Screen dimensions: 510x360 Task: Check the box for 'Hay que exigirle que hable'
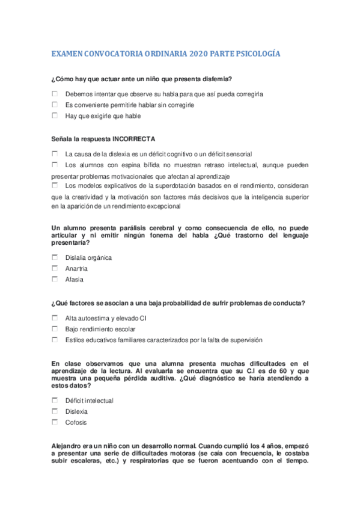(x=55, y=115)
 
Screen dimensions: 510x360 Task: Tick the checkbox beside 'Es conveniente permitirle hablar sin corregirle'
(x=55, y=105)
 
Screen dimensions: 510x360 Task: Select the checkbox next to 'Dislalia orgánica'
(x=55, y=257)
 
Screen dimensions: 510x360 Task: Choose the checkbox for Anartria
(x=55, y=268)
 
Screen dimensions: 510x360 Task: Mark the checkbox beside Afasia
(x=55, y=278)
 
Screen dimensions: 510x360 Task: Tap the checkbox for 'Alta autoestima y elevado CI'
(x=55, y=317)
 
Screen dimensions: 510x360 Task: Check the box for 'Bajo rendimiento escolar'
(x=55, y=328)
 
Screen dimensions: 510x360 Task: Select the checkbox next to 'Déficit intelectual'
(x=55, y=400)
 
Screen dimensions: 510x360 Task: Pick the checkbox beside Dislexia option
(x=55, y=411)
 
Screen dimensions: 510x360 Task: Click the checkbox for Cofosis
(x=55, y=422)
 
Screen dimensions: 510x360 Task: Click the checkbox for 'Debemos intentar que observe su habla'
(x=55, y=93)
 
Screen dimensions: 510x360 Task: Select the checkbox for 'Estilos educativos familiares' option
(x=55, y=339)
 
